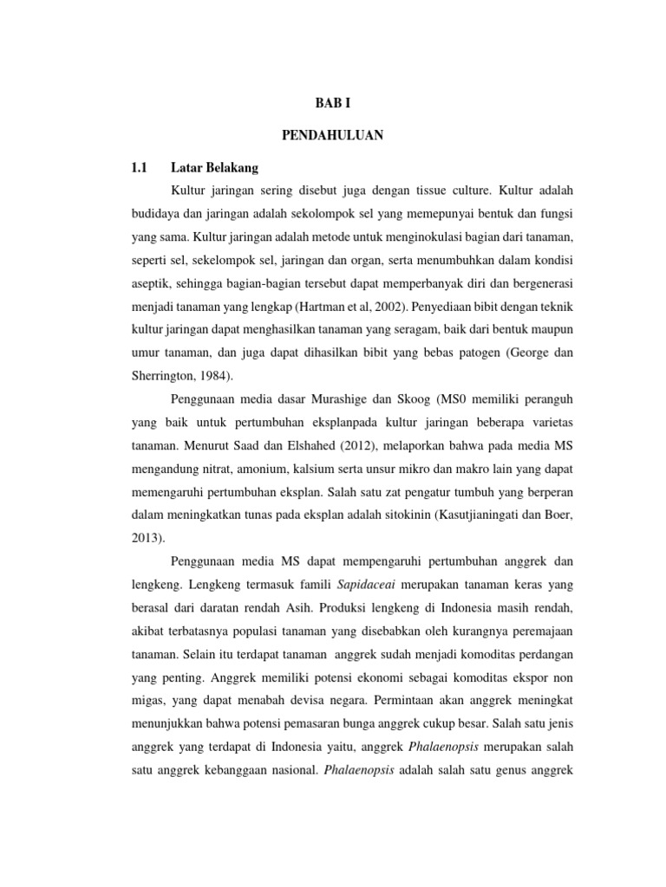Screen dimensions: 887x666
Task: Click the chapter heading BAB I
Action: pos(333,102)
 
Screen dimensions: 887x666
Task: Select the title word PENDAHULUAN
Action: pos(333,135)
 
